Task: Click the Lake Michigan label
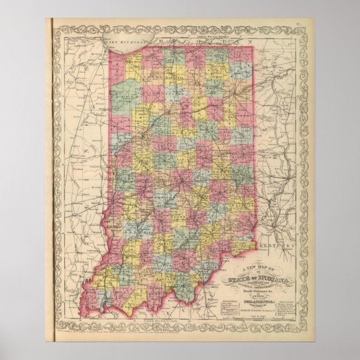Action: coord(125,42)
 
